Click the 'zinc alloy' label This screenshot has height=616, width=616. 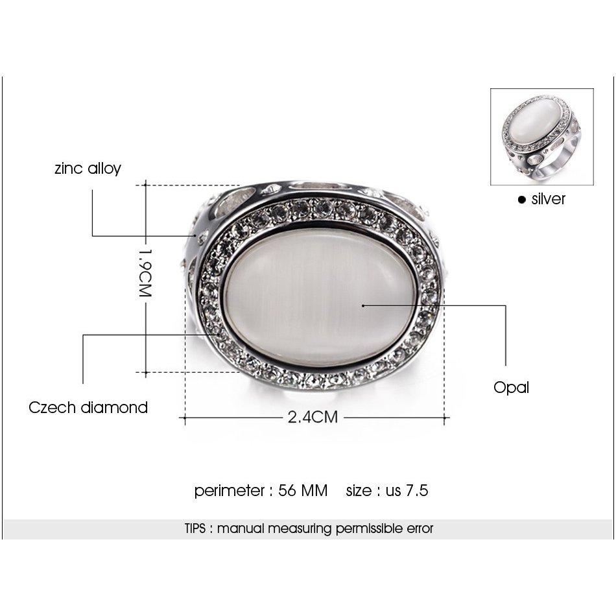coord(88,169)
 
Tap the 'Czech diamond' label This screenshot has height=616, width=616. coord(88,407)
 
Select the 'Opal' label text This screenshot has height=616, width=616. coord(511,388)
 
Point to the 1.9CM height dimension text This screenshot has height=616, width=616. coord(145,272)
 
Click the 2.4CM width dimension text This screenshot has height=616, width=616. coord(313,417)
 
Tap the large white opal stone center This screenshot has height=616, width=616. coord(318,297)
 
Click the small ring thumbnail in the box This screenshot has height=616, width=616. coord(541,136)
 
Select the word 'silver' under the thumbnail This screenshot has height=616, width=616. coord(548,199)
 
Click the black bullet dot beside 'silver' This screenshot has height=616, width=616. coord(521,200)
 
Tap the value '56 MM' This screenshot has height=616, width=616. coord(303,491)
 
